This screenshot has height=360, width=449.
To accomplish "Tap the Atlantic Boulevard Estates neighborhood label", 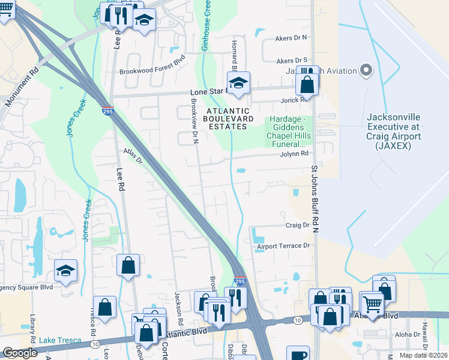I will pyautogui.click(x=228, y=119).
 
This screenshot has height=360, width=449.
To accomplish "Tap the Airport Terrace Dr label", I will pyautogui.click(x=283, y=246).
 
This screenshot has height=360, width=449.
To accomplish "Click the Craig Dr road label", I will pyautogui.click(x=297, y=226).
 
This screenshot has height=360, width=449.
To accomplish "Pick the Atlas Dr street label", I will pyautogui.click(x=133, y=157).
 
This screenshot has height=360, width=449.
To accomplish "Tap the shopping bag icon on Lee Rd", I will pyautogui.click(x=128, y=265).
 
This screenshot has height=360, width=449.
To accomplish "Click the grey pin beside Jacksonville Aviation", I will pyautogui.click(x=366, y=71).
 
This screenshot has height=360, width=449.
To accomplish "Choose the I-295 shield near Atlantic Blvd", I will pyautogui.click(x=239, y=281).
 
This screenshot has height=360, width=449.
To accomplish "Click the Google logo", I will pyautogui.click(x=20, y=353).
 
